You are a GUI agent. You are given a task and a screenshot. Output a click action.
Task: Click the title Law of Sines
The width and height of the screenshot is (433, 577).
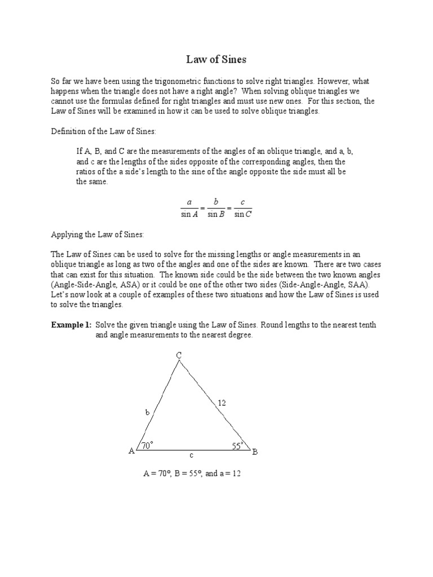(x=216, y=59)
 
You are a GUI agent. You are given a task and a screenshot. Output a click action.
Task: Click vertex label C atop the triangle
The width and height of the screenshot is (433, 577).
(x=179, y=354)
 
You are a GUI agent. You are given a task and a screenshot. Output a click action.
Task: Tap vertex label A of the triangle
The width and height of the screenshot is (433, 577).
(x=131, y=451)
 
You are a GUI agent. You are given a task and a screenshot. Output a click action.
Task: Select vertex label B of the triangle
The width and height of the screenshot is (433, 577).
(x=255, y=451)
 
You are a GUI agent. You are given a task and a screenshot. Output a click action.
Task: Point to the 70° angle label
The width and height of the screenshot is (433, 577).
(x=148, y=445)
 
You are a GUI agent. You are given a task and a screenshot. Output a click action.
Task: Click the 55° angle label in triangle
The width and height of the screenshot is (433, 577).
(x=237, y=446)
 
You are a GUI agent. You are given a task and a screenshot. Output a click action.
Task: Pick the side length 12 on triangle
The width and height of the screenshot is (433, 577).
(x=222, y=402)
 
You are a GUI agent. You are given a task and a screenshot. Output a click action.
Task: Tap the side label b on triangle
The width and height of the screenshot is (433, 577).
(x=148, y=412)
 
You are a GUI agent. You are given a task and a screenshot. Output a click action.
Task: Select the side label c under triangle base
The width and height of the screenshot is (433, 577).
(x=191, y=455)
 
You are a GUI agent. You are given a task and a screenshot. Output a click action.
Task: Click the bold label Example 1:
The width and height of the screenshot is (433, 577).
(x=71, y=325)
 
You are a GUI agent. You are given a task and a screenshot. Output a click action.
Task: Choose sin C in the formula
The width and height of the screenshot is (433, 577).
(x=243, y=214)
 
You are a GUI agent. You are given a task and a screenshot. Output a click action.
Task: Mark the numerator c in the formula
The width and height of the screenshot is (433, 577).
(x=242, y=202)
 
